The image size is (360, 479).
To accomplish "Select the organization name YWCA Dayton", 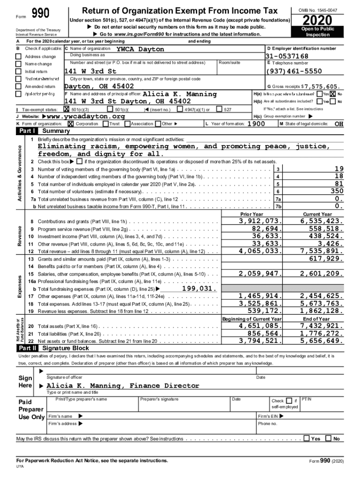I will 140,49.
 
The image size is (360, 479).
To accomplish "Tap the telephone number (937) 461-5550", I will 294,71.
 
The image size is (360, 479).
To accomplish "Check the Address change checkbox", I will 19,57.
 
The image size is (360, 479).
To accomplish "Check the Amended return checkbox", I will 19,87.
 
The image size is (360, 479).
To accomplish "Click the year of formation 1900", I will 256,123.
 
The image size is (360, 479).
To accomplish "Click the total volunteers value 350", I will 336,191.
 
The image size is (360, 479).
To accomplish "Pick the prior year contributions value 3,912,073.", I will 260,221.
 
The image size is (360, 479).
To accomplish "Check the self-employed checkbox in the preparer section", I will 289,400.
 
